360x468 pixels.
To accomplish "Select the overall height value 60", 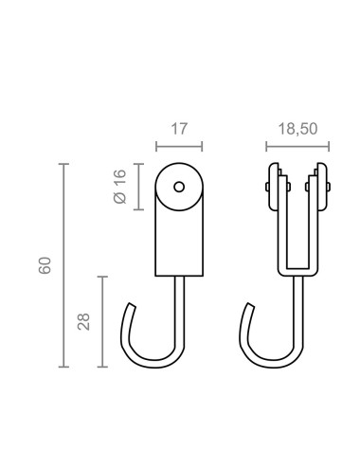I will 45,265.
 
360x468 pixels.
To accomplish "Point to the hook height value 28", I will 83,322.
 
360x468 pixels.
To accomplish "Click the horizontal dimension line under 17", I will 179,147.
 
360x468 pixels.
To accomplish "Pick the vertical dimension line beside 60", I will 63,265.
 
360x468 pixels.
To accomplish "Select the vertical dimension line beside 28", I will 103,322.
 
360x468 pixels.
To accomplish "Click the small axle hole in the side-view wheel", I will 179,187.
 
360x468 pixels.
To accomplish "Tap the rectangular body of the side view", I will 179,242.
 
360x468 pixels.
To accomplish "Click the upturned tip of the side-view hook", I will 129,308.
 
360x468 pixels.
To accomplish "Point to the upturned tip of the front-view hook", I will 249,308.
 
